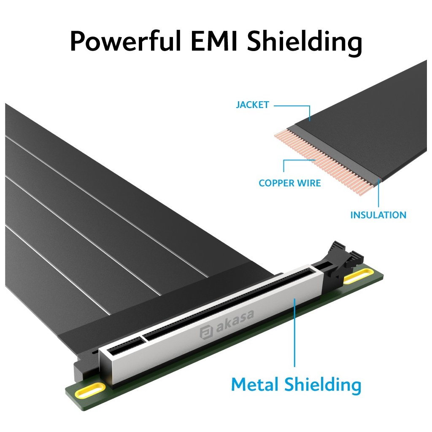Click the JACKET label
(x=252, y=105)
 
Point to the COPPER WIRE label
(x=289, y=183)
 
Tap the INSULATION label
(x=378, y=215)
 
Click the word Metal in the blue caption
(x=255, y=385)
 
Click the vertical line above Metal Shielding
(x=294, y=333)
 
